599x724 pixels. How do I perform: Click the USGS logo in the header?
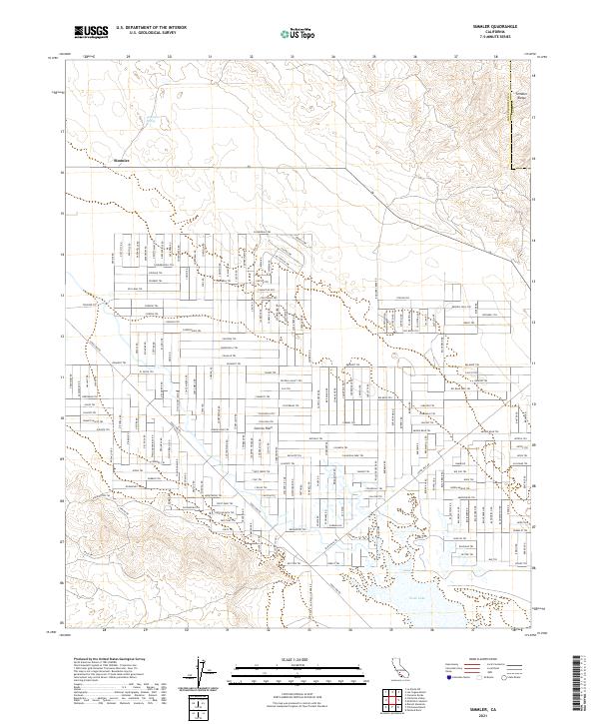(90, 32)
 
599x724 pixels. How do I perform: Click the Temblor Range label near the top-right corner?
(519, 97)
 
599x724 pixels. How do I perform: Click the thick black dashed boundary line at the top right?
(511, 110)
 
